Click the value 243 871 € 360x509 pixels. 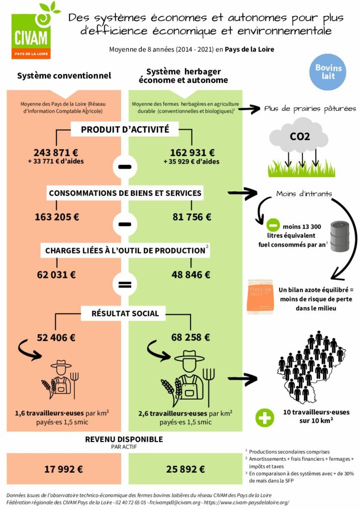click(x=56, y=153)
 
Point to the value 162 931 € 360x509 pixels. click(x=191, y=153)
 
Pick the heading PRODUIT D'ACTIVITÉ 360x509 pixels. click(x=125, y=130)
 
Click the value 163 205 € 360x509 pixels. click(x=57, y=217)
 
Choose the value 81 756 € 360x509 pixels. click(x=191, y=217)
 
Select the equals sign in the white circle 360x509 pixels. click(x=124, y=285)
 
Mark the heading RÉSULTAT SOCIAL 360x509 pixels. click(x=125, y=313)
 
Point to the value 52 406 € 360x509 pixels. click(x=56, y=338)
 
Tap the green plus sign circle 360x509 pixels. click(x=265, y=418)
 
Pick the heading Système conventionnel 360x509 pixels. click(x=64, y=76)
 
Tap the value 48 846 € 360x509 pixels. click(x=191, y=274)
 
